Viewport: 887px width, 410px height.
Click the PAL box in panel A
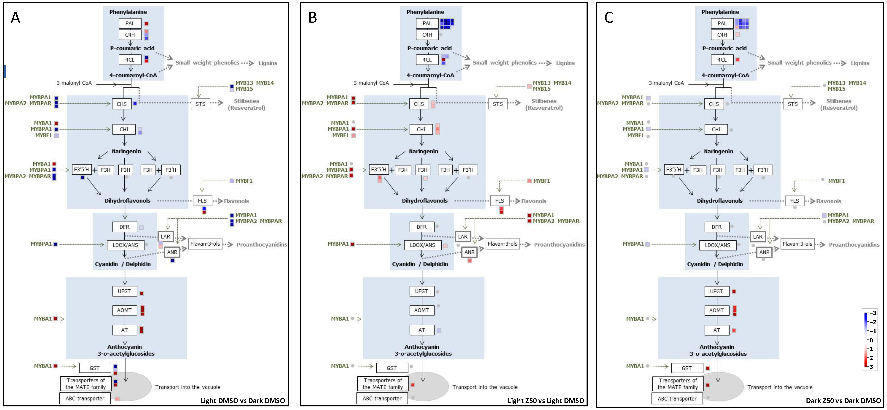(x=130, y=23)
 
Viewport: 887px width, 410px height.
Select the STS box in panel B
(x=498, y=104)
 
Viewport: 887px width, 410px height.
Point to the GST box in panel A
(x=95, y=368)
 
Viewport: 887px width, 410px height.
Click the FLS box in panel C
(x=794, y=201)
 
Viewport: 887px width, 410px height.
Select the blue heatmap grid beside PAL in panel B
(x=447, y=23)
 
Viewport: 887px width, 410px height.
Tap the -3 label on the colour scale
(x=873, y=313)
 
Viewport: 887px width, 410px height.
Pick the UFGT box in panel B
(x=421, y=291)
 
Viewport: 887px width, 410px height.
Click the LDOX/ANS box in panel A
(x=125, y=245)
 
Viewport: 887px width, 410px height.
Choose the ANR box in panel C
(x=764, y=252)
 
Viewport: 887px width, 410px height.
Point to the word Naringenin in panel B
(x=424, y=151)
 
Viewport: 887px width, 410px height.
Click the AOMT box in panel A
(x=124, y=310)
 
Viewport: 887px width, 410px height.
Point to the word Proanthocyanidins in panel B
(x=559, y=245)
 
